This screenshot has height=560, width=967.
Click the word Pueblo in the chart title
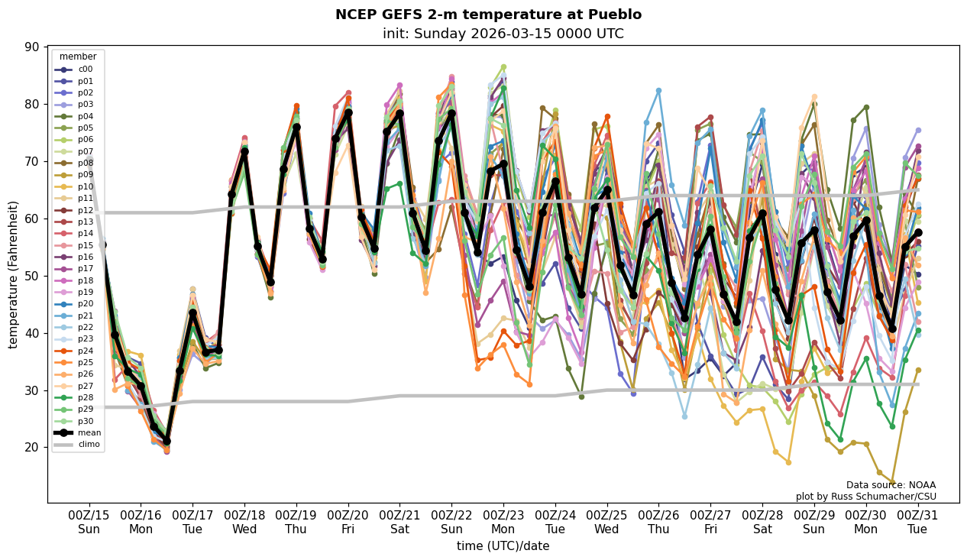(x=617, y=15)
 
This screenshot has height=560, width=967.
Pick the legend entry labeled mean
(x=89, y=432)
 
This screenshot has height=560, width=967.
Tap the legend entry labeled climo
(x=89, y=444)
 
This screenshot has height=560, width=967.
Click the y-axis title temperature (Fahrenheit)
(x=14, y=274)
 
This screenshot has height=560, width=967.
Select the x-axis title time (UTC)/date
(x=503, y=546)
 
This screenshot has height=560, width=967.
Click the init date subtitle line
(x=503, y=34)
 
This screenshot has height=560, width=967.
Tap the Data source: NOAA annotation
(x=891, y=485)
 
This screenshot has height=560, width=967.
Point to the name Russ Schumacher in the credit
(x=881, y=497)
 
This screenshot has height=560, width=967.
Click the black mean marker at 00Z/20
(x=348, y=113)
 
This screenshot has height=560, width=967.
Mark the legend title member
(x=78, y=57)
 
